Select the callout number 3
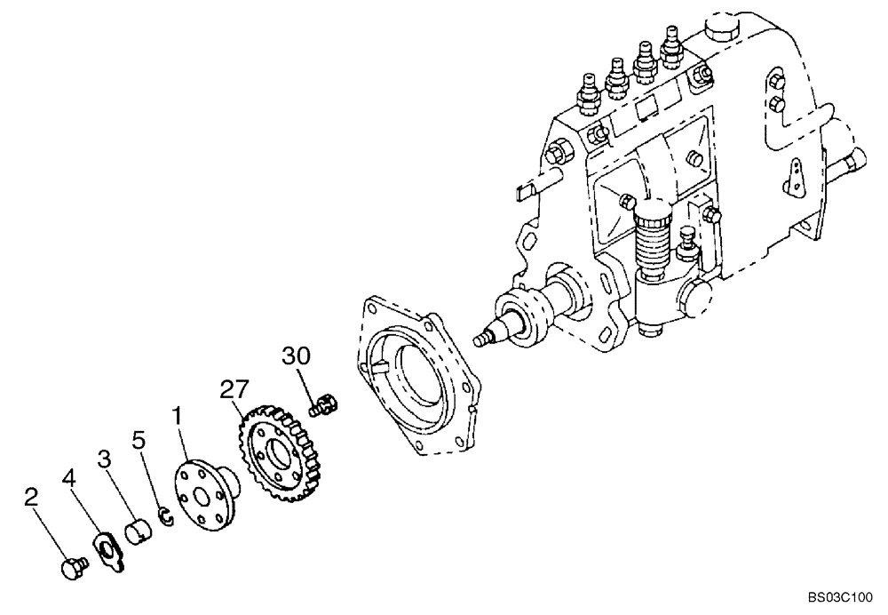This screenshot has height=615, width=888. coord(105,459)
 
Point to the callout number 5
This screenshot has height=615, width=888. coord(138,439)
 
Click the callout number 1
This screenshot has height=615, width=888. coord(177,415)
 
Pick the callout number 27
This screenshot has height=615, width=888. coord(233,388)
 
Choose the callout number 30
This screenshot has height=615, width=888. coord(297,355)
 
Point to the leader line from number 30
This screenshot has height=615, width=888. coord(307,382)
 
